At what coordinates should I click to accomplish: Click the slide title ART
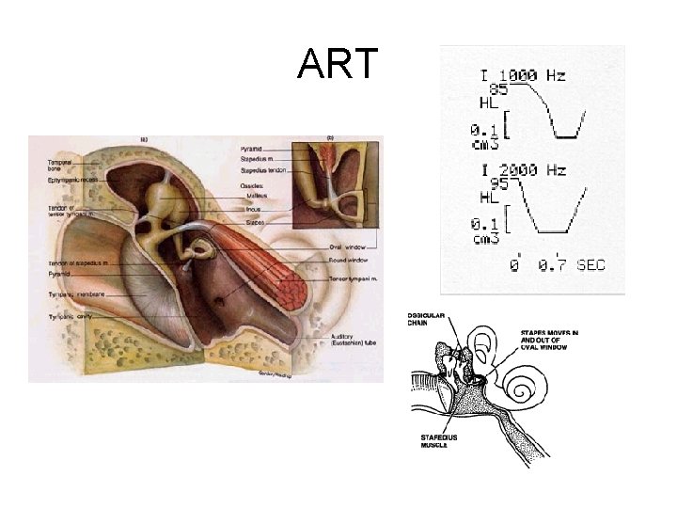pos(338,64)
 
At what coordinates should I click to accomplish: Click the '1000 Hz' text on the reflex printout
pos(533,75)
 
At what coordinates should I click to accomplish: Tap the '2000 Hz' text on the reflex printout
pos(533,170)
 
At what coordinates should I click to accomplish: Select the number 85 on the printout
pos(498,89)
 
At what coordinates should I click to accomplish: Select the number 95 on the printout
pos(498,184)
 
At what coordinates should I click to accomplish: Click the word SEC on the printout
pos(590,266)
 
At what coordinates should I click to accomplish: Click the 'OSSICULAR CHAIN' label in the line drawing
pos(423,318)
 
